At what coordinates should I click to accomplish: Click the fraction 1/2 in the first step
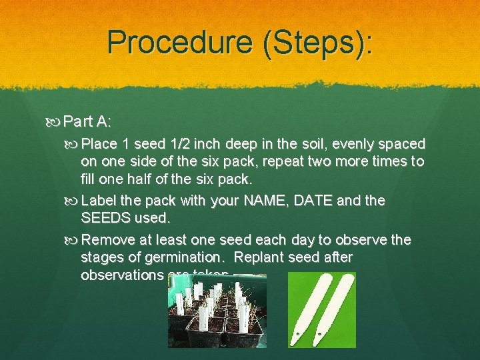tap(185, 144)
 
